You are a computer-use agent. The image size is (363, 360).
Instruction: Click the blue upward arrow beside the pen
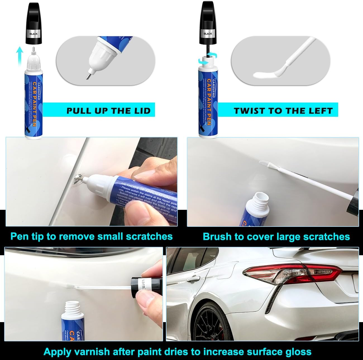19,56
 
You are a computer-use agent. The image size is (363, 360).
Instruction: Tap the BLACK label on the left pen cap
34,34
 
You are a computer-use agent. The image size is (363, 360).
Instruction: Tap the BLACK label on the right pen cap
208,34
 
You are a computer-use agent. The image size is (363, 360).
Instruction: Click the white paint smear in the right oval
264,75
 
